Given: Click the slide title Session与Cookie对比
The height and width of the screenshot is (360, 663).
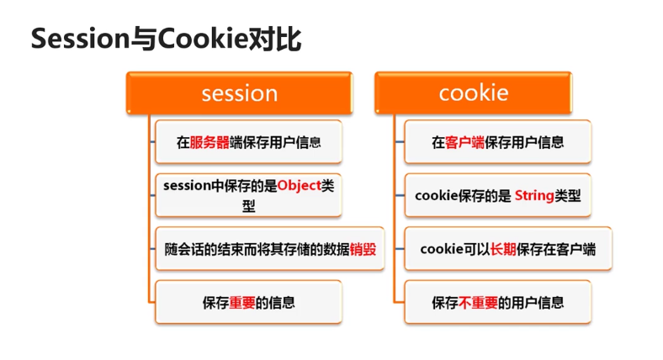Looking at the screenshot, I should (166, 39).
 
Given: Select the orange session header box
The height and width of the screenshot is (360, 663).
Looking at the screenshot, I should (239, 93).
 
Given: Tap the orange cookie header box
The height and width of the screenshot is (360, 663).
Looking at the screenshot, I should (473, 93).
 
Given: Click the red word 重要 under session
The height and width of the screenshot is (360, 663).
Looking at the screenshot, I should (242, 302).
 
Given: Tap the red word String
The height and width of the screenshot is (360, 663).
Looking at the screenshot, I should (533, 196).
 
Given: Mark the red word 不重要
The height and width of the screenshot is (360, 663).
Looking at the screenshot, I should (477, 302).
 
